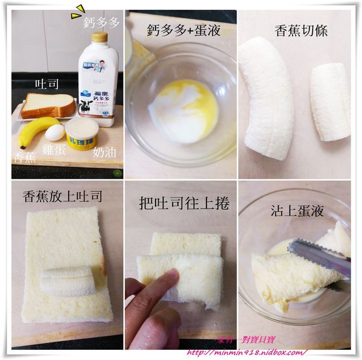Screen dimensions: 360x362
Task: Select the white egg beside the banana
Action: [x=55, y=132]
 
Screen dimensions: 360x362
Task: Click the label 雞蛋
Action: [x=55, y=150]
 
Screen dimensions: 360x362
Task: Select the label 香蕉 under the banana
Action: [x=25, y=158]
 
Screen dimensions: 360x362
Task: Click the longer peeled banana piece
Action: [x=266, y=97]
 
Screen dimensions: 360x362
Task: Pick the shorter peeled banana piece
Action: [x=330, y=101]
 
